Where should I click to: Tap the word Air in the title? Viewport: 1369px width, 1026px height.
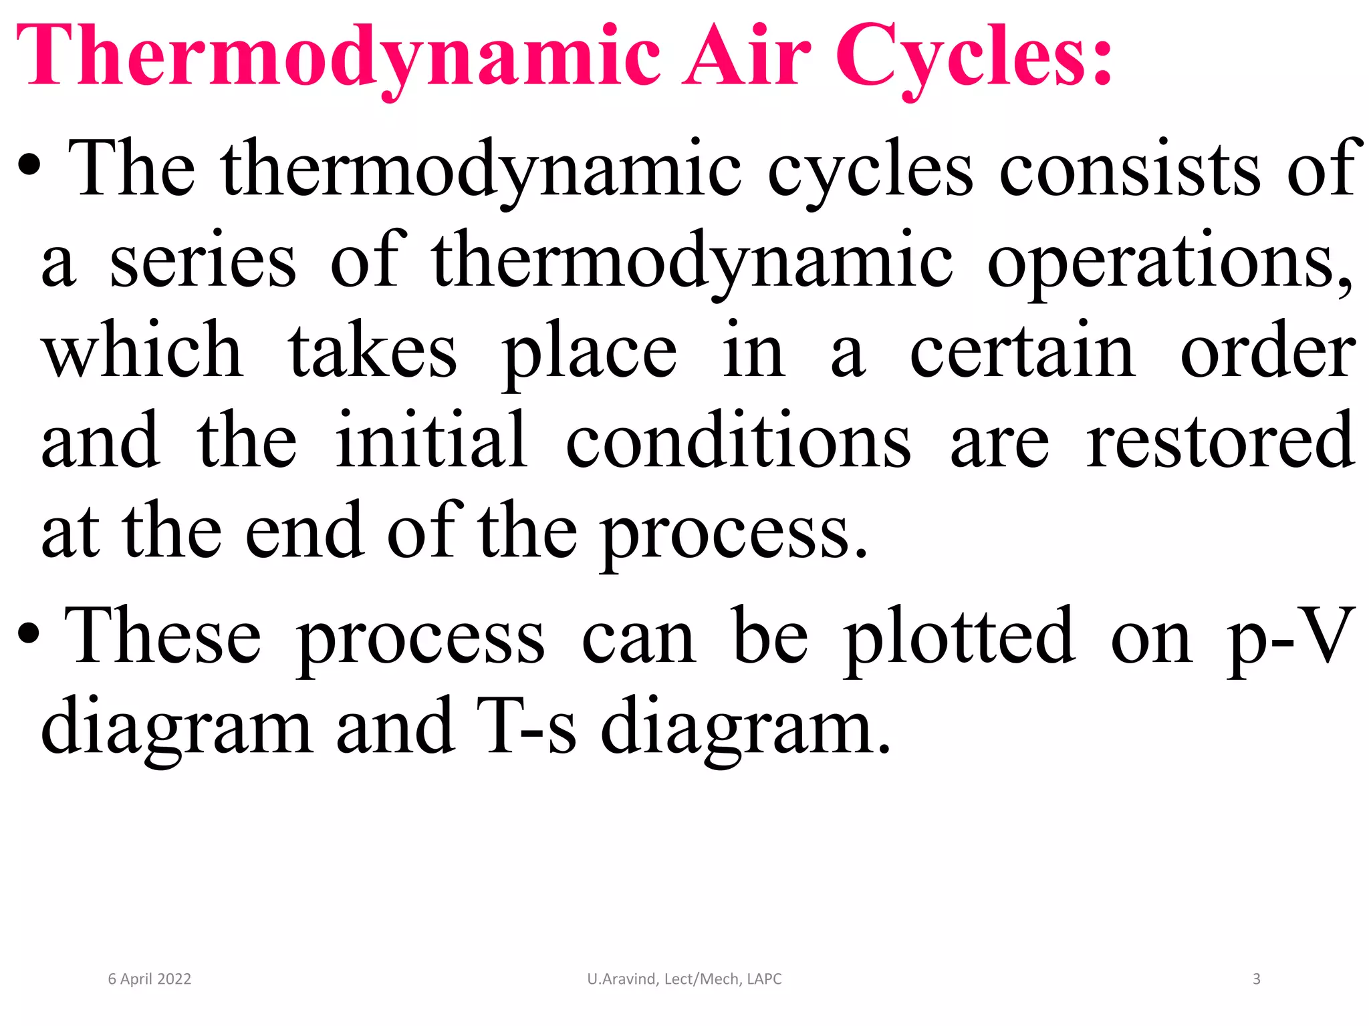747,57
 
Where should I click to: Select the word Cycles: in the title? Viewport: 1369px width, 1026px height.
973,57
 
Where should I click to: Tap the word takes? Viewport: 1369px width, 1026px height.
372,351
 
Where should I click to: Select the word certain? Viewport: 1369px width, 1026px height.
1022,351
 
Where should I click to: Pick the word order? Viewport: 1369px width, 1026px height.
1267,351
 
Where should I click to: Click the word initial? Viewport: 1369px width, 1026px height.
431,441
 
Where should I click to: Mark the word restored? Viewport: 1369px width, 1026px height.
1221,441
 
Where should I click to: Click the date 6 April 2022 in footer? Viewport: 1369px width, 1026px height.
150,979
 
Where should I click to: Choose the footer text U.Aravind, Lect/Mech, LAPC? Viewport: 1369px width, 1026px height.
684,979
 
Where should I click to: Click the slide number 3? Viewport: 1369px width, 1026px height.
1256,979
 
